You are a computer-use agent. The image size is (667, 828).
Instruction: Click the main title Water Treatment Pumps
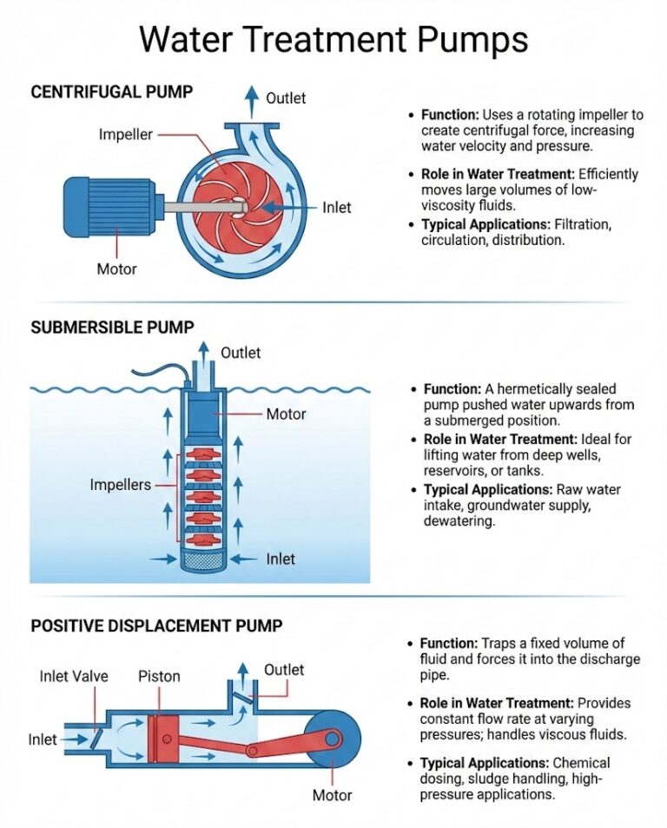pyautogui.click(x=333, y=39)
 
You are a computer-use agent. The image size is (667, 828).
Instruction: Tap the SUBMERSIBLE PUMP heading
pyautogui.click(x=112, y=328)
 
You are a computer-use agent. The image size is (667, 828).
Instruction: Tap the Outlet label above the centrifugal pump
pyautogui.click(x=286, y=98)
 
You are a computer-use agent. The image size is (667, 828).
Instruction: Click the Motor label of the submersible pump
pyautogui.click(x=286, y=414)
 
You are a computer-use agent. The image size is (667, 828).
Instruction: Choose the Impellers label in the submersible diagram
pyautogui.click(x=121, y=485)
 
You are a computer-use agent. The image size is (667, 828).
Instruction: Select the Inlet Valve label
pyautogui.click(x=74, y=676)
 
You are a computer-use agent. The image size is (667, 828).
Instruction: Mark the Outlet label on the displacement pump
pyautogui.click(x=285, y=670)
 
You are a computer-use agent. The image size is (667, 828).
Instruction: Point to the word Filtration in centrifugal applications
pyautogui.click(x=583, y=225)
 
